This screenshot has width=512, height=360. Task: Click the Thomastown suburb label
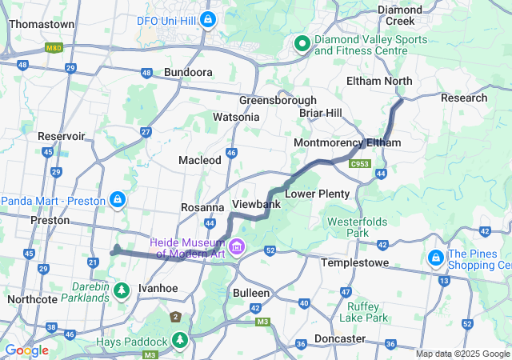(42, 24)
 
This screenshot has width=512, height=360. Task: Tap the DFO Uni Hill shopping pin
(208, 18)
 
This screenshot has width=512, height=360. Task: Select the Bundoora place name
(188, 72)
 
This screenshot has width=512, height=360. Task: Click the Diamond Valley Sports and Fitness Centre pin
(302, 44)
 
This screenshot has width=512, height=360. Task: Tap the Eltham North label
(379, 81)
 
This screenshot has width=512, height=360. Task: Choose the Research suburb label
(464, 98)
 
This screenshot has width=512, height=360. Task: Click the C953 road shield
(360, 164)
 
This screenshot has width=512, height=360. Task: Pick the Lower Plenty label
(318, 194)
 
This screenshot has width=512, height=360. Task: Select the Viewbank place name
(256, 205)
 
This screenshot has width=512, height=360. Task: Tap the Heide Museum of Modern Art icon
(236, 246)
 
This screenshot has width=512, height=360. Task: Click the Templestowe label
(354, 262)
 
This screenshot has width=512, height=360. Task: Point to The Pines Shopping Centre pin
(436, 258)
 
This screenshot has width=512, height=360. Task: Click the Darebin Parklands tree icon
(122, 290)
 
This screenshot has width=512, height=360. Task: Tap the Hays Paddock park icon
(181, 342)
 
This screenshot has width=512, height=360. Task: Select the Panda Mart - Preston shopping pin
(118, 198)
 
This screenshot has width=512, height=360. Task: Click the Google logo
(26, 350)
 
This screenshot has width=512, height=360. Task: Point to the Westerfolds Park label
(353, 227)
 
